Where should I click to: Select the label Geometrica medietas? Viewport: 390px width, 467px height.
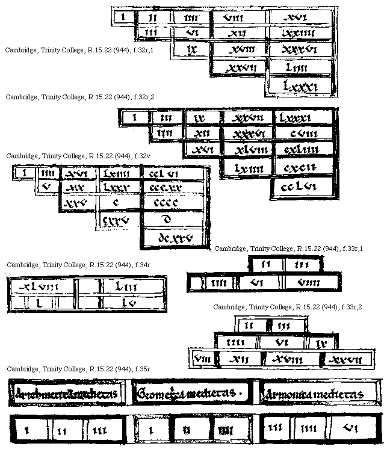(x=191, y=394)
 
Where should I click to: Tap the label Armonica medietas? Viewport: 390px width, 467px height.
(x=320, y=395)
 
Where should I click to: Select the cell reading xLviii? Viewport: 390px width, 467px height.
(x=42, y=287)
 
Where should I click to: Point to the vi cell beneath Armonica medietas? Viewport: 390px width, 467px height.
(x=349, y=430)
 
